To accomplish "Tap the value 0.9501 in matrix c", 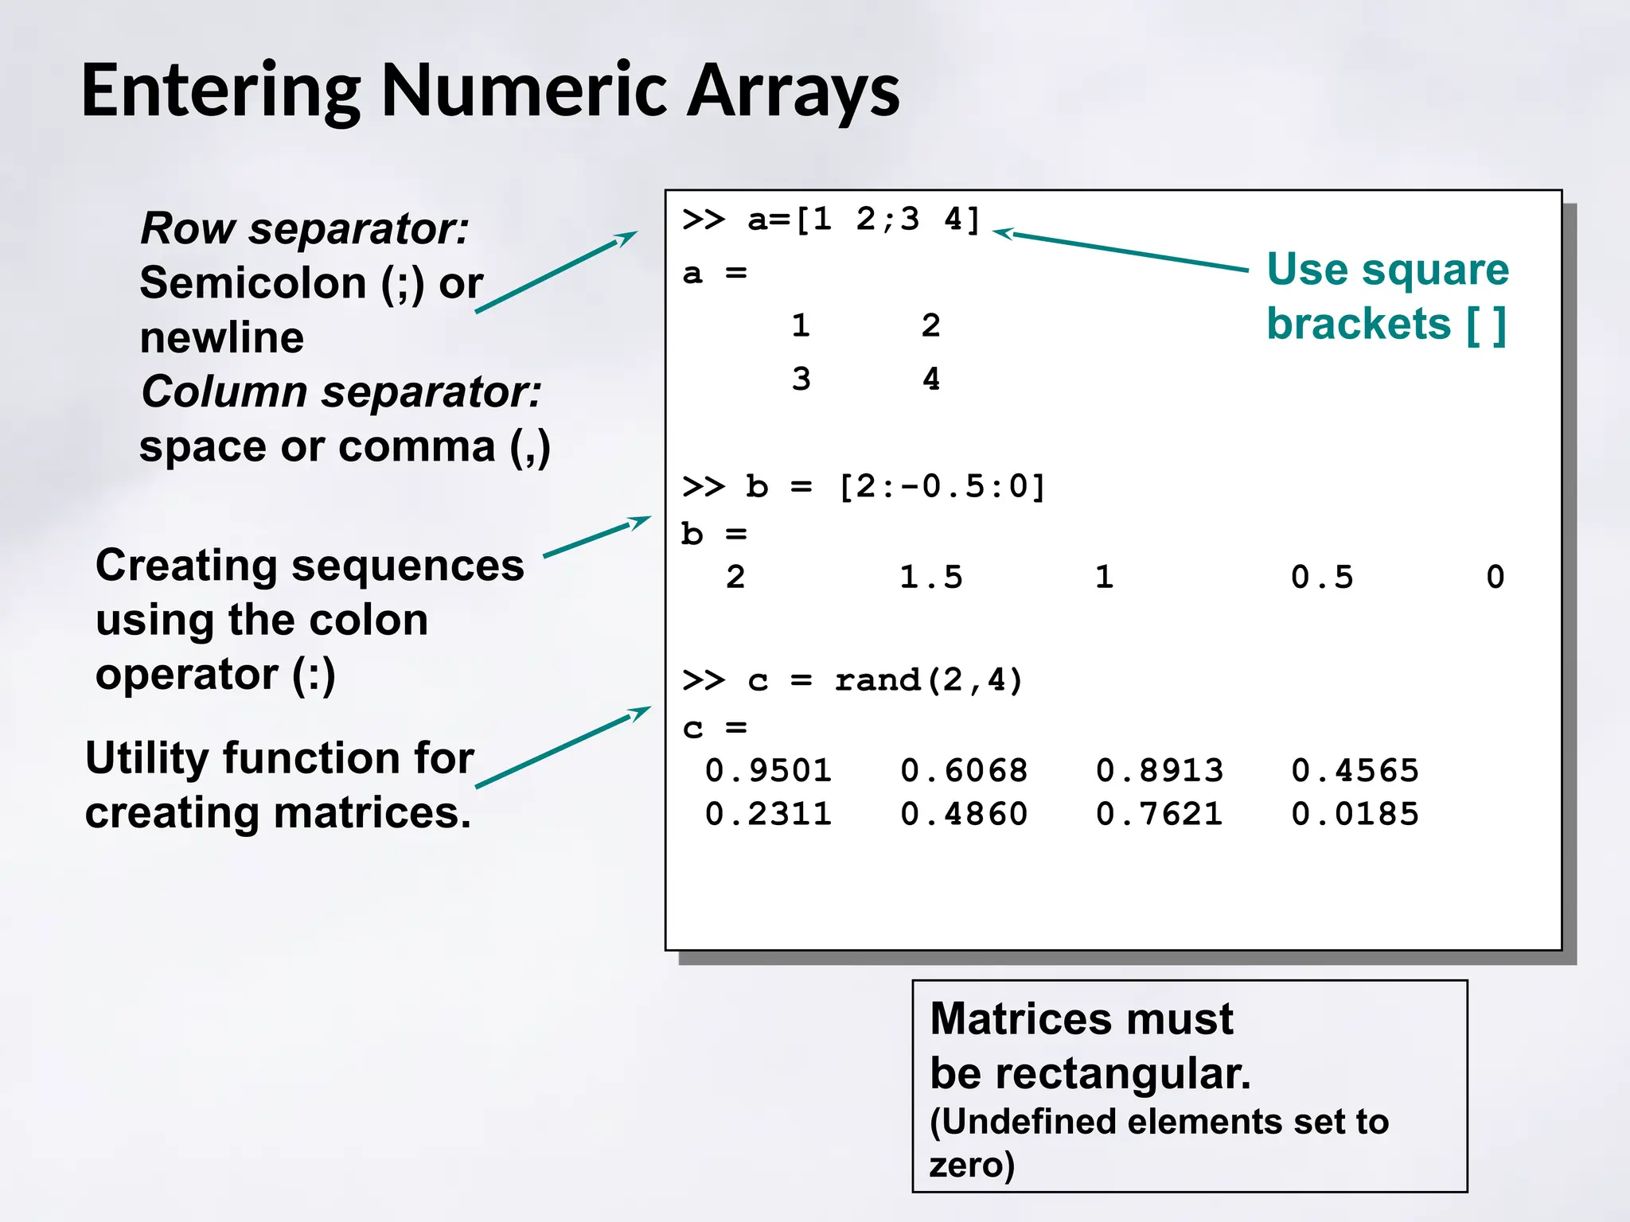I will click(x=768, y=770).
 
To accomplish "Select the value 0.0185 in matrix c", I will click(x=1355, y=814).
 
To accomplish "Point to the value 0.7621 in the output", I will click(x=1159, y=814).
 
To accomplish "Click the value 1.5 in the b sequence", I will click(x=930, y=577).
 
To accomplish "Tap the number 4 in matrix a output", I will click(x=931, y=379).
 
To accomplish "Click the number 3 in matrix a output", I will click(x=801, y=379).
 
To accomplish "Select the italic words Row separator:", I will click(x=305, y=228).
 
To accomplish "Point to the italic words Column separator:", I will click(x=341, y=391).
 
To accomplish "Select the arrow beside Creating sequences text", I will click(x=597, y=536).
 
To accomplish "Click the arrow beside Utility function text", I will click(x=563, y=747).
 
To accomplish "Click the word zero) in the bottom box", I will click(x=972, y=1164).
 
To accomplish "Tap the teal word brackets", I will click(x=1359, y=324).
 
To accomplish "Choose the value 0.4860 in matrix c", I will click(x=964, y=814).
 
